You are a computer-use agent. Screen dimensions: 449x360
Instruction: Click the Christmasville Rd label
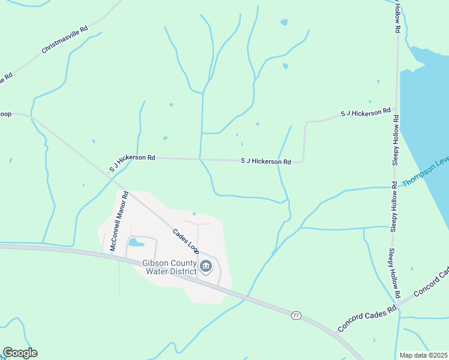tap(65, 40)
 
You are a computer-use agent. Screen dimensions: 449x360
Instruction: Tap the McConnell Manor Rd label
tap(119, 221)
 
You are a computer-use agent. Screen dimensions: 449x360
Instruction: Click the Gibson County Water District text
tap(169, 267)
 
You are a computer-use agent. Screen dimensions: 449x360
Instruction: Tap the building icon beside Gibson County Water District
tap(206, 266)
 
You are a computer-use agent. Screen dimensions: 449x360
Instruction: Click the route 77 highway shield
tap(295, 315)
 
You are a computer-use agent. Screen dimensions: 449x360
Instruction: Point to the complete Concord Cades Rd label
tap(367, 317)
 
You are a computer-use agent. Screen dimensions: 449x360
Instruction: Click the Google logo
tap(20, 353)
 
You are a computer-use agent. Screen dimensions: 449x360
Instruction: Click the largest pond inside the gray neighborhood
tap(136, 243)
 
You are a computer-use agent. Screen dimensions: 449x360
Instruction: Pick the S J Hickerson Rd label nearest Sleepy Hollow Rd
tap(366, 113)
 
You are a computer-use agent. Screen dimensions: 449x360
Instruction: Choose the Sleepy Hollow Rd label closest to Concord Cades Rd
tap(393, 274)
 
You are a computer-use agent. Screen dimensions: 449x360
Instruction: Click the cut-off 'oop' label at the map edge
tap(6, 113)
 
